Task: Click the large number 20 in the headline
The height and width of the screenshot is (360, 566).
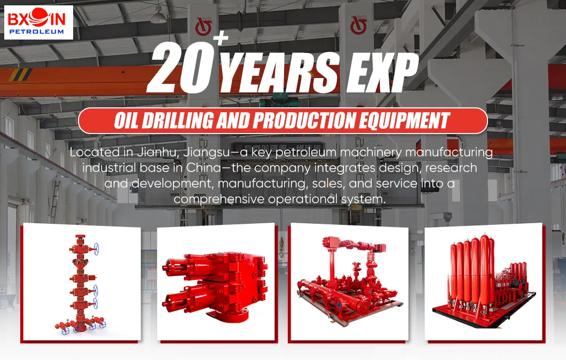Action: click(x=177, y=69)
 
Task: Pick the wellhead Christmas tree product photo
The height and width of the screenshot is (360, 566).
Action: click(x=82, y=284)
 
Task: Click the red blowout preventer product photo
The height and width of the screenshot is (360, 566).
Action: click(x=217, y=284)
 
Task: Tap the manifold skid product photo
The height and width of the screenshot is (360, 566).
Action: click(x=348, y=284)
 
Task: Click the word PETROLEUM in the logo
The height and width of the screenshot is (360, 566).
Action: click(x=38, y=32)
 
